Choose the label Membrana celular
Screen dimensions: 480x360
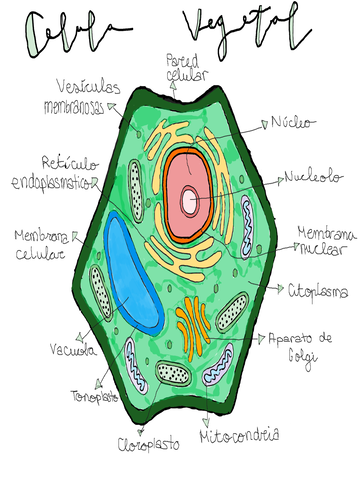[39, 244]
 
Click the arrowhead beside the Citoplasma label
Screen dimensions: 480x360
[277, 288]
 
